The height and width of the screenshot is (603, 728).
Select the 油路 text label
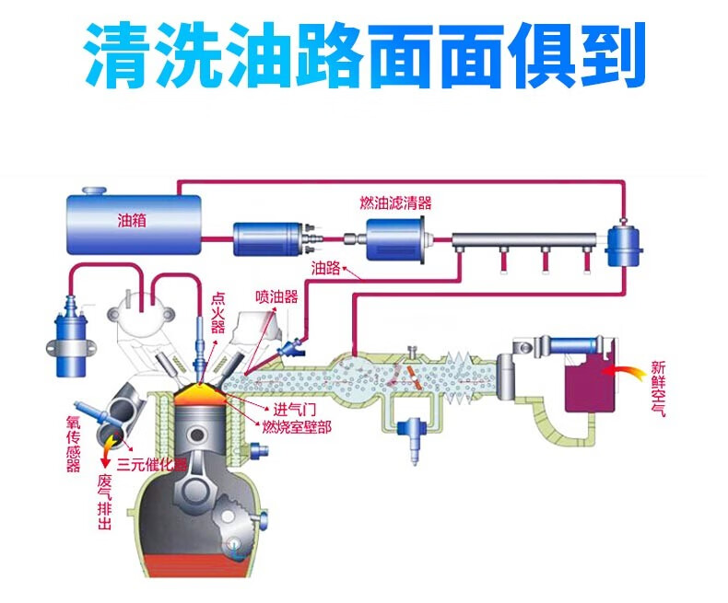pos(326,268)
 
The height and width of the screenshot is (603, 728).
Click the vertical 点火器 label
pos(217,314)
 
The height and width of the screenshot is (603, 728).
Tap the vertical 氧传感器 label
pos(74,443)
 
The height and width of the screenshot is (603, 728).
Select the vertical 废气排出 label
pos(104,503)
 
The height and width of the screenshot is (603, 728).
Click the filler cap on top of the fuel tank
pos(95,191)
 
